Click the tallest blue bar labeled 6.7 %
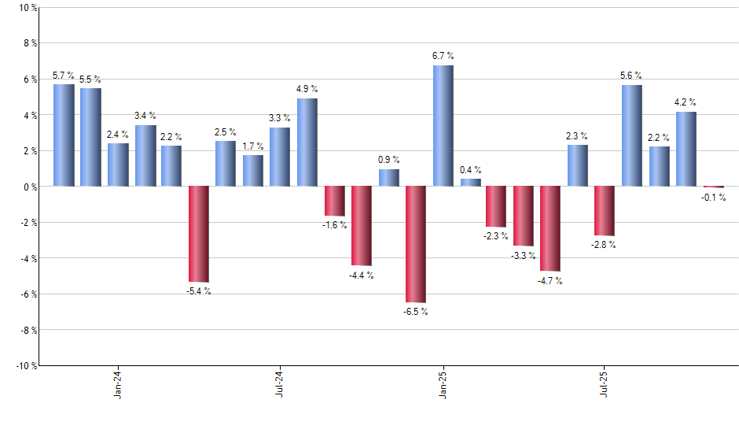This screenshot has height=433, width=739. click(x=443, y=126)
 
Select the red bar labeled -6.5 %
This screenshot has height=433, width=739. click(x=416, y=244)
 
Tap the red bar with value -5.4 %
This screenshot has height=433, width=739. click(x=199, y=234)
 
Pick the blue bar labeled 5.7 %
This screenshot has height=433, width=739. click(x=64, y=135)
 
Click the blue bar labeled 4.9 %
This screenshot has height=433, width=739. click(x=307, y=142)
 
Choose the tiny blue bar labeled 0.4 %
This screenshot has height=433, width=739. click(x=470, y=183)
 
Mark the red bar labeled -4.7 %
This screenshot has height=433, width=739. click(x=550, y=228)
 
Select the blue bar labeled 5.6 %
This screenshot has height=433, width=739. click(x=631, y=135)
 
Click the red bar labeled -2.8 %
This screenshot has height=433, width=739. click(x=605, y=211)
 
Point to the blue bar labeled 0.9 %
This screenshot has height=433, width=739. click(x=389, y=178)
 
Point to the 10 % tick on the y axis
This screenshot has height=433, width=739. click(x=27, y=8)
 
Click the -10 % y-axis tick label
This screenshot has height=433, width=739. click(x=25, y=365)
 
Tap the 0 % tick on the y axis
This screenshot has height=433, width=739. click(x=29, y=187)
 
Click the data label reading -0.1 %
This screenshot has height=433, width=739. click(x=713, y=198)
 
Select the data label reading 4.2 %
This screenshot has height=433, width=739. click(x=686, y=102)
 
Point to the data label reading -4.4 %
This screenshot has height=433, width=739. click(x=362, y=276)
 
